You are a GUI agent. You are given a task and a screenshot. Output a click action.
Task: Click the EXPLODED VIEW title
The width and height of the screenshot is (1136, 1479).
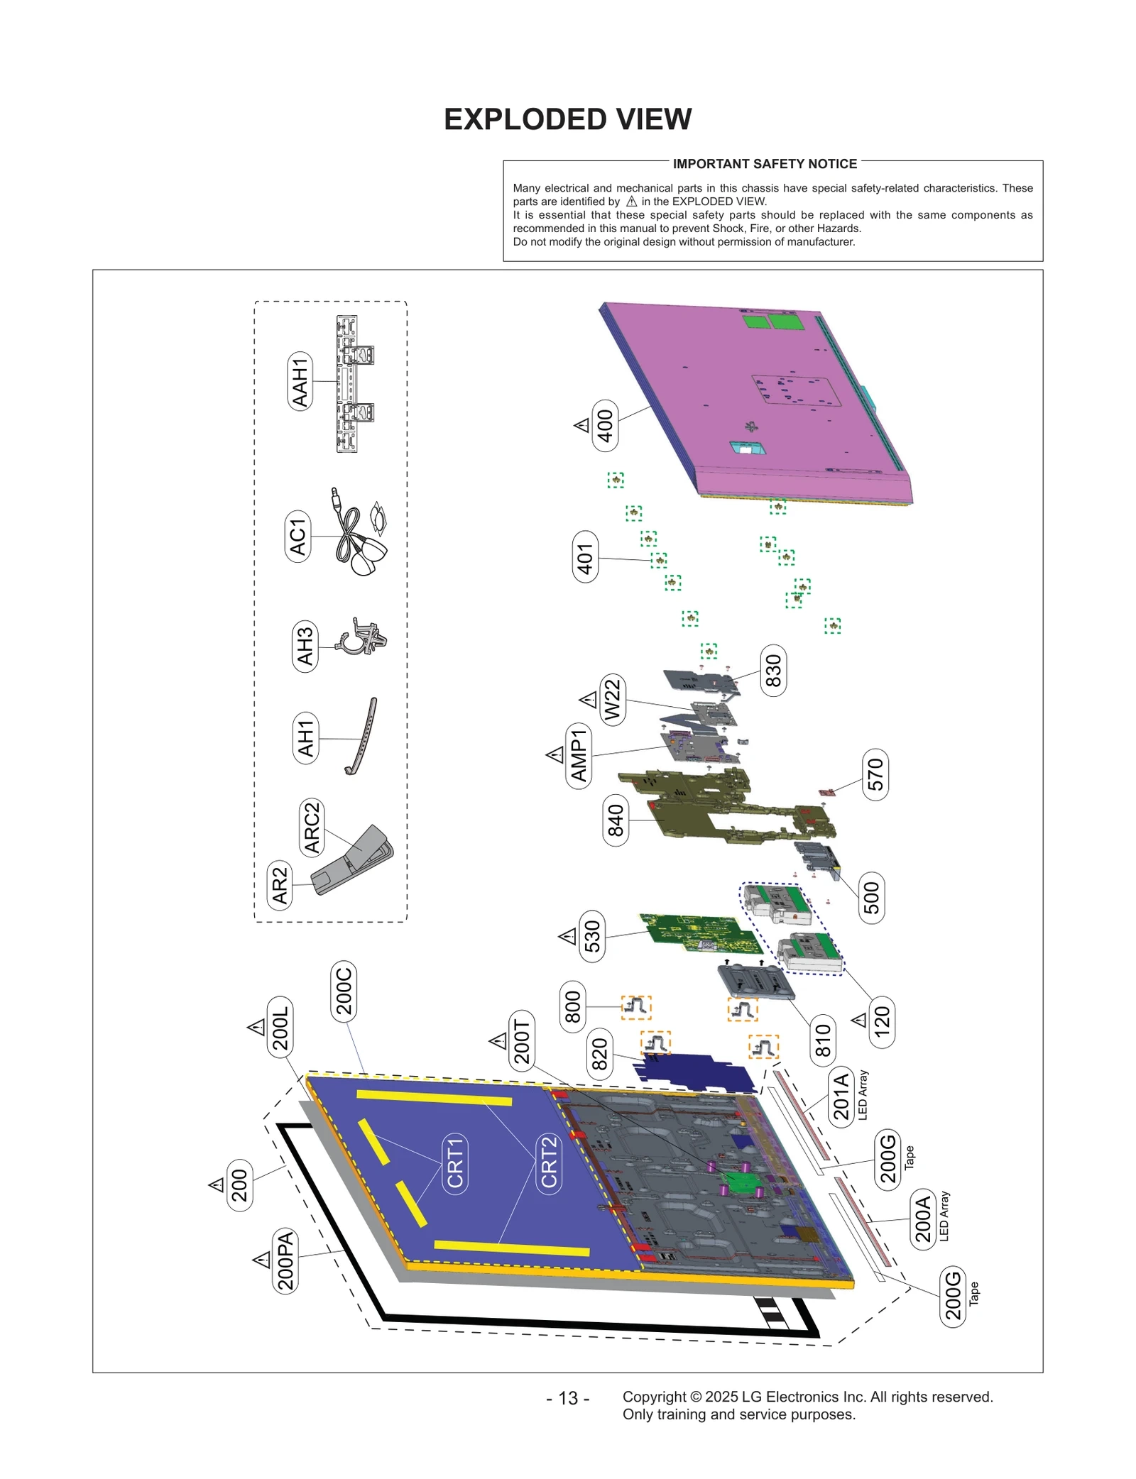[567, 119]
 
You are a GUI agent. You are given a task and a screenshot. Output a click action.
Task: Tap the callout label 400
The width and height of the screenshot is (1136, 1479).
[605, 425]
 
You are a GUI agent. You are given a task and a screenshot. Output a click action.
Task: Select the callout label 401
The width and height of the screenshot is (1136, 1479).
[585, 556]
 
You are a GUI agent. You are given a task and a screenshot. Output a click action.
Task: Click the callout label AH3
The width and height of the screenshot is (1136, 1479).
[305, 646]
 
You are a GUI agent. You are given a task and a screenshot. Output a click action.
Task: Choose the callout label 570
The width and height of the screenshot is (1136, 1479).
[875, 774]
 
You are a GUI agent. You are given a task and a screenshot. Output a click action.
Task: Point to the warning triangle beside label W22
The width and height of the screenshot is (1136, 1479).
[589, 700]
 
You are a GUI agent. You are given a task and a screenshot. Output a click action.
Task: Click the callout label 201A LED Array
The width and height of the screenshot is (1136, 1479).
[842, 1096]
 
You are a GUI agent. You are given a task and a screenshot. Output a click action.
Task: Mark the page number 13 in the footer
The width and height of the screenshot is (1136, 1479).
[567, 1397]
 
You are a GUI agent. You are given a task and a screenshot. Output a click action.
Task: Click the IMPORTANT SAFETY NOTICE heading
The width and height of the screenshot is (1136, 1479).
[764, 164]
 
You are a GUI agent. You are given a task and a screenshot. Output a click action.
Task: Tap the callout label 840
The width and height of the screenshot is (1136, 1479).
[616, 820]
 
